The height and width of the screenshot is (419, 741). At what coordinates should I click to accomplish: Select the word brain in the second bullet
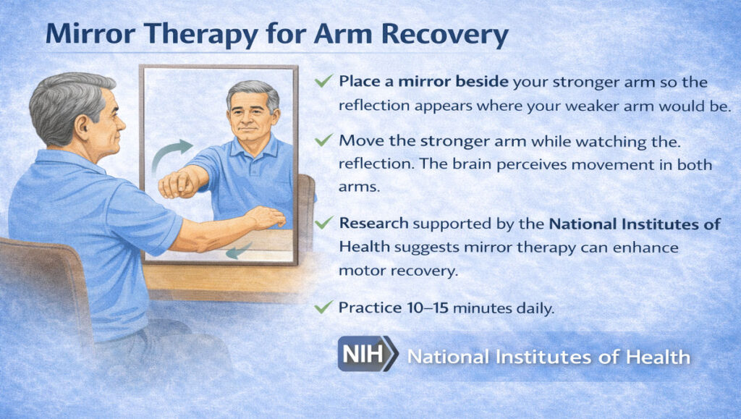(484, 166)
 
